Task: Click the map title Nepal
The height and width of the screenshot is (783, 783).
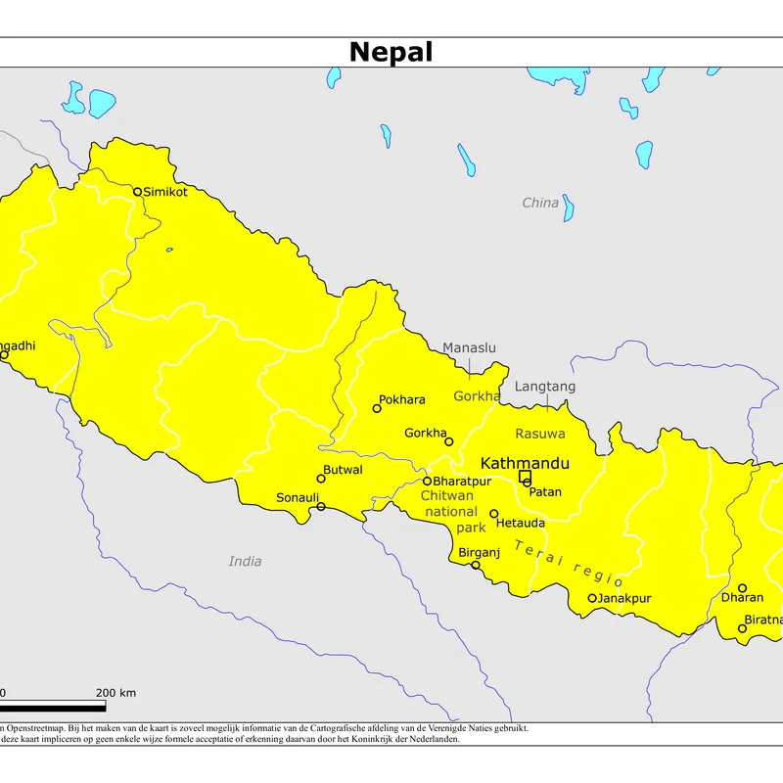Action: pos(391,52)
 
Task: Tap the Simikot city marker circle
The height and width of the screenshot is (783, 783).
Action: pos(138,192)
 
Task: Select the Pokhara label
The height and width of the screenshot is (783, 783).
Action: pos(402,400)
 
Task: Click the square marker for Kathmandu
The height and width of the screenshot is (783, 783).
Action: pos(525,477)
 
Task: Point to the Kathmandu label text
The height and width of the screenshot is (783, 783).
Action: pos(525,462)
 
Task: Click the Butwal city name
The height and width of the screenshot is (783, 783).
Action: pos(343,470)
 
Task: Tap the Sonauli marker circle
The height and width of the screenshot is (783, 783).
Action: pos(321,506)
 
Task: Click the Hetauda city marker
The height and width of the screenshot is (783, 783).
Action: pos(494,514)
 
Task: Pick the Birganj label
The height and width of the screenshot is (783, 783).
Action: pos(480,553)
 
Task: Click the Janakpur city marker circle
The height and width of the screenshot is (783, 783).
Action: pos(592,598)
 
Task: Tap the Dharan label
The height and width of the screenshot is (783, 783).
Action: pos(742,597)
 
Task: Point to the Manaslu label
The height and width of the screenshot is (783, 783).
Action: pos(469,347)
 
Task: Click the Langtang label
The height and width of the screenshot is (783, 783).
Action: pos(545,387)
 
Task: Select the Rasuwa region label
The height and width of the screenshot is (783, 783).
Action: pos(540,433)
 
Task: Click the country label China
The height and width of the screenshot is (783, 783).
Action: pos(540,203)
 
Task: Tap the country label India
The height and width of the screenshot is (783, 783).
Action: pos(245,561)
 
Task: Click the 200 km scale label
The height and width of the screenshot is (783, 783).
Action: pos(115,693)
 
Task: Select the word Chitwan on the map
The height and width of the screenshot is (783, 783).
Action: pos(446,496)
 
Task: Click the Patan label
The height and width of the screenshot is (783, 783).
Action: pos(545,491)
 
